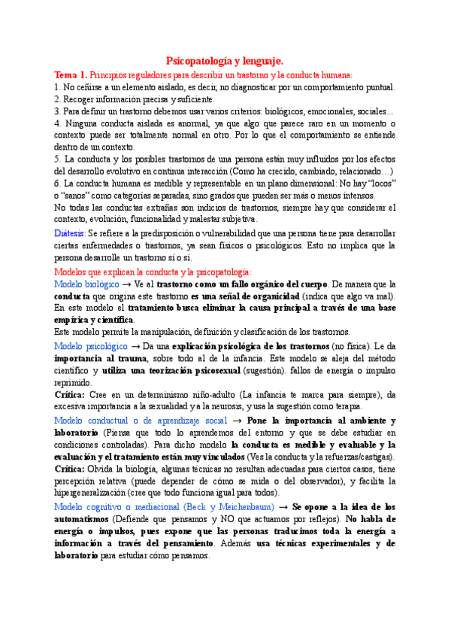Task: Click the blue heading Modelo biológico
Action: tap(87, 284)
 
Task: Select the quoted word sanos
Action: tap(80, 196)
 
